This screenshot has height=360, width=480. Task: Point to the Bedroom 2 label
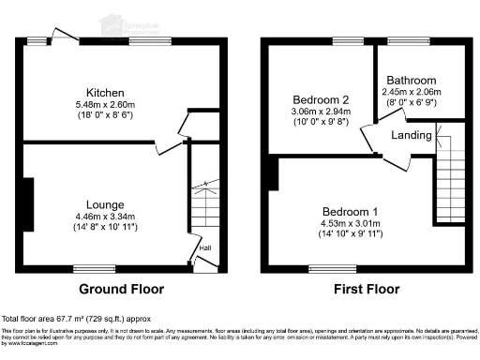[314, 99]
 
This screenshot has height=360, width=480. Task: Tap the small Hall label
[204, 247]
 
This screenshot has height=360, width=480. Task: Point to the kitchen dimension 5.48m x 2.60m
[104, 106]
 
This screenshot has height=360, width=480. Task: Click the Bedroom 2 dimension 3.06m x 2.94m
[314, 112]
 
